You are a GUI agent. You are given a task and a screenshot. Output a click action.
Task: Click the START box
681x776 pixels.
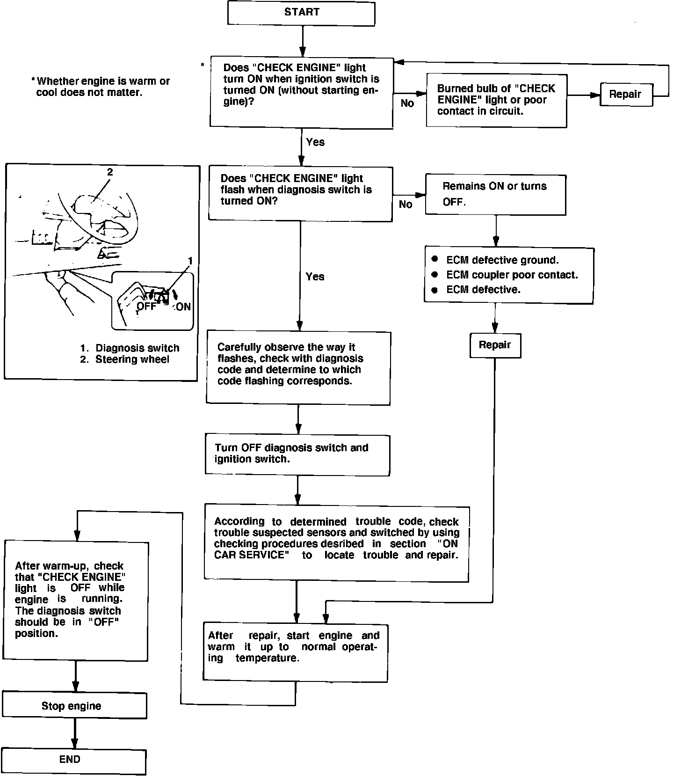coord(301,13)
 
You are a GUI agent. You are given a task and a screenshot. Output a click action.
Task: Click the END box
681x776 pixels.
coord(73,761)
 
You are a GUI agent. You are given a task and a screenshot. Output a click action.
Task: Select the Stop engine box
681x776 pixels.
coord(74,706)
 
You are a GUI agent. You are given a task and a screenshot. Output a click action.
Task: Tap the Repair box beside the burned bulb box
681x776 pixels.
coord(626,94)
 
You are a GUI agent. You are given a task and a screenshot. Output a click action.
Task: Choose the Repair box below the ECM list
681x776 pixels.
coord(495,345)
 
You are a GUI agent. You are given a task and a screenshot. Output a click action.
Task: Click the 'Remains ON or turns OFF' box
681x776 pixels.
coord(495,195)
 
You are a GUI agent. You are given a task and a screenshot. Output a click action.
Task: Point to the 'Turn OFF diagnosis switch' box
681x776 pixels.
coord(297,454)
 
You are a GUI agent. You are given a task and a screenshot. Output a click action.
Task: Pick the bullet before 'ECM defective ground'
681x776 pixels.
coord(435,259)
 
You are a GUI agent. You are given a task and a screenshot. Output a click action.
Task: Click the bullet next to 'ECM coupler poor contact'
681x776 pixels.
coord(435,274)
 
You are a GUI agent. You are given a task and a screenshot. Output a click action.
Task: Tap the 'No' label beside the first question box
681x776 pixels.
coord(407,103)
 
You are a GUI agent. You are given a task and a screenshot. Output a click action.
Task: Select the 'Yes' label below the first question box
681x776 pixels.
coord(315,142)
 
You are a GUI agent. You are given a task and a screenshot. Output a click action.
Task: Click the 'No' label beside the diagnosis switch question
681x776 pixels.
coord(406,205)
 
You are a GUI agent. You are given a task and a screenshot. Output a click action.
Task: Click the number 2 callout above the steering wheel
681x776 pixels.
coord(110,172)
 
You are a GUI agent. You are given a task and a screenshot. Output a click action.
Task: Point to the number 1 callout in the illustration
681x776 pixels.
coord(190,261)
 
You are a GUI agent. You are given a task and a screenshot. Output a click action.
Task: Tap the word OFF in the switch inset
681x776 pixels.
coord(146,307)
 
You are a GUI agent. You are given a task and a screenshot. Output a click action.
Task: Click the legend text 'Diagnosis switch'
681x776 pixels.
coord(138,348)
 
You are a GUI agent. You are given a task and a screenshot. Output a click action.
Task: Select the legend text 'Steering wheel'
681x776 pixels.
coord(132,359)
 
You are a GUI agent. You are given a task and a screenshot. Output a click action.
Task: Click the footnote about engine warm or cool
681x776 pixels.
coord(101,87)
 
